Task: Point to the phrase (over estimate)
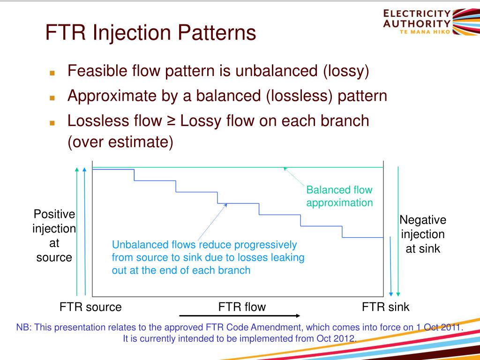120,142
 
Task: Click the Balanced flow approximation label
339,196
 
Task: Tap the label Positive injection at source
54,236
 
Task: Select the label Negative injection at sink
423,234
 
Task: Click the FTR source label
90,307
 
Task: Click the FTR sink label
385,307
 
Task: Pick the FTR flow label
242,307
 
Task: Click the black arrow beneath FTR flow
240,316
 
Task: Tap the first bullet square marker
52,74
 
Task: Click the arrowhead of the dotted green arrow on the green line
285,169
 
